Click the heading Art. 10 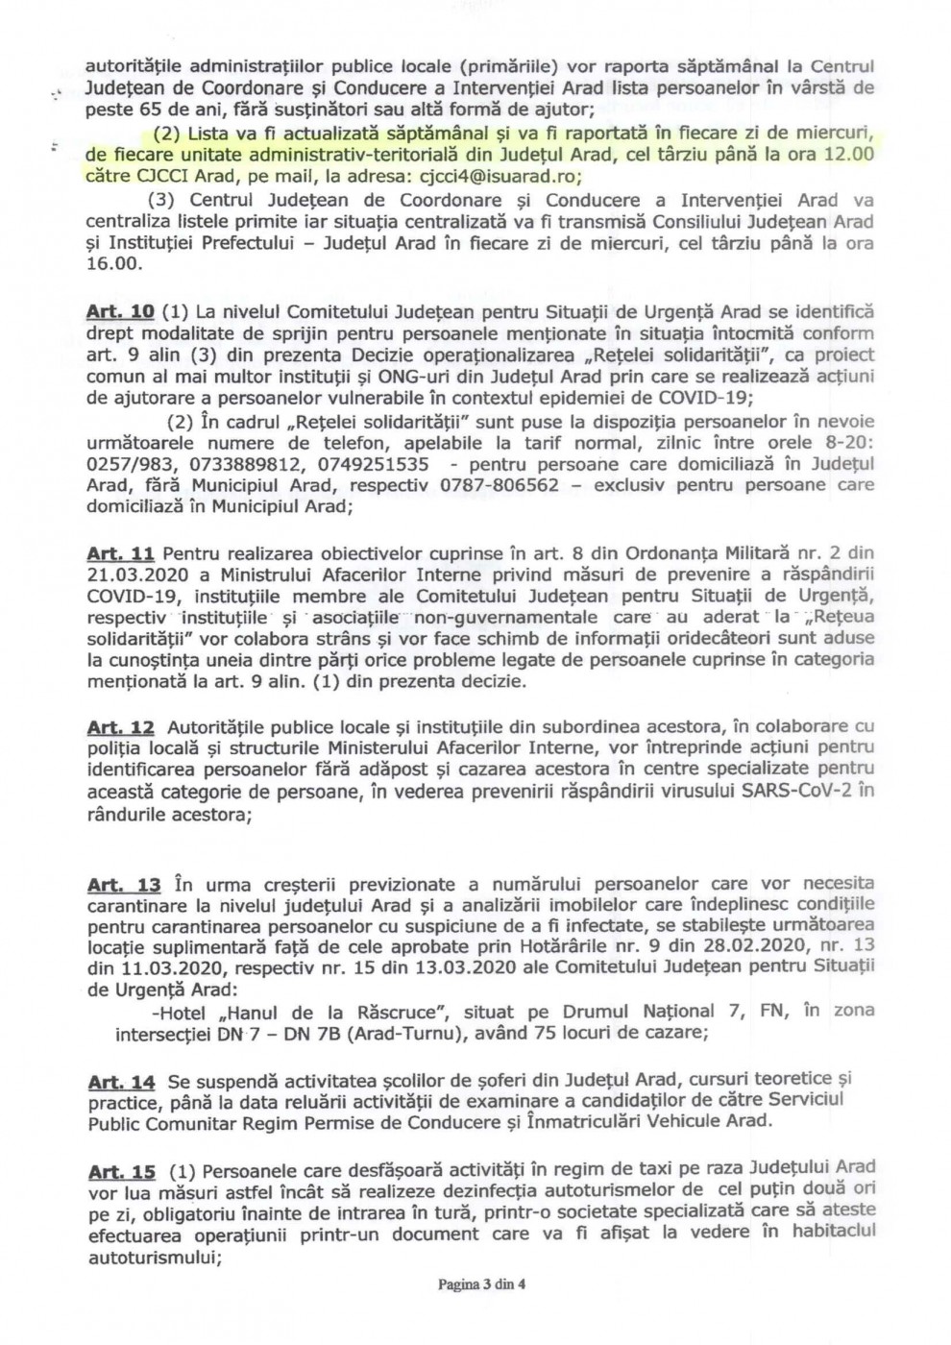point(120,312)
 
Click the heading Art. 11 point(120,553)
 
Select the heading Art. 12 point(120,727)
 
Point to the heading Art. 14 point(121,1082)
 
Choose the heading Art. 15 point(121,1171)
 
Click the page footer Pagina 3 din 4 point(482,1284)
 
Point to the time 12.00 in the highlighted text point(850,154)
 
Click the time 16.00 point(113,264)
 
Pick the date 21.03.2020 point(142,575)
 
